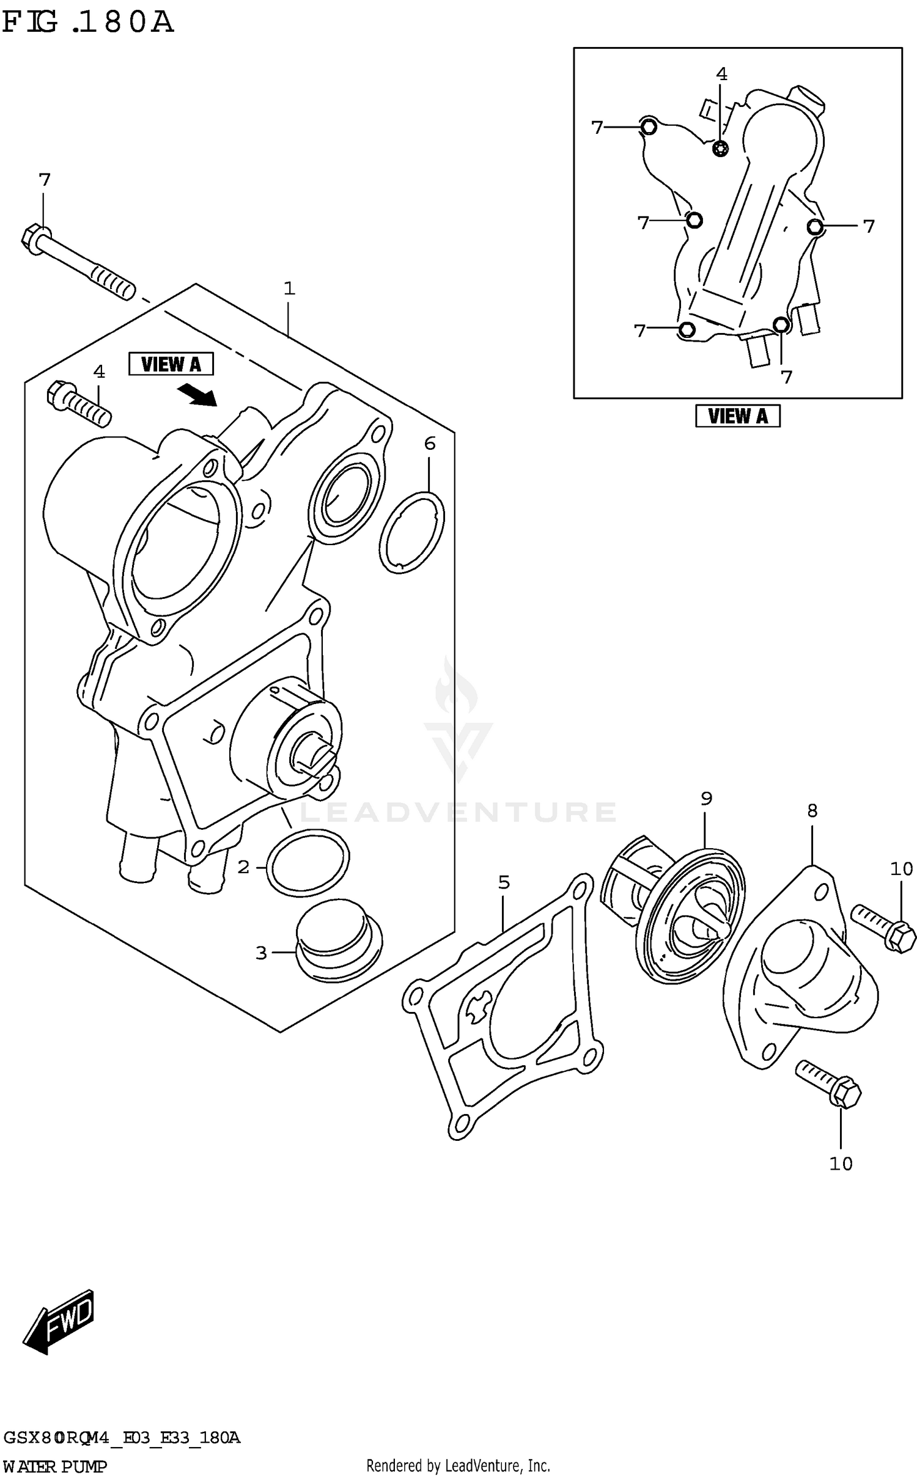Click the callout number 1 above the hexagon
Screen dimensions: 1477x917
click(289, 288)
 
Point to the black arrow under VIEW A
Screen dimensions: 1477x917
click(196, 395)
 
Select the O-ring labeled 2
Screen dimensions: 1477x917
click(308, 862)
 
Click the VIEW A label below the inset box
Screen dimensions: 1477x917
click(737, 416)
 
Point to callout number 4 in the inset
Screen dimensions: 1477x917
click(721, 74)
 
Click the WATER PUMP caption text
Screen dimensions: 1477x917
click(55, 1465)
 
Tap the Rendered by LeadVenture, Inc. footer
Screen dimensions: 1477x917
click(458, 1464)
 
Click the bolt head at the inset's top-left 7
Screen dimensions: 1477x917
click(649, 127)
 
